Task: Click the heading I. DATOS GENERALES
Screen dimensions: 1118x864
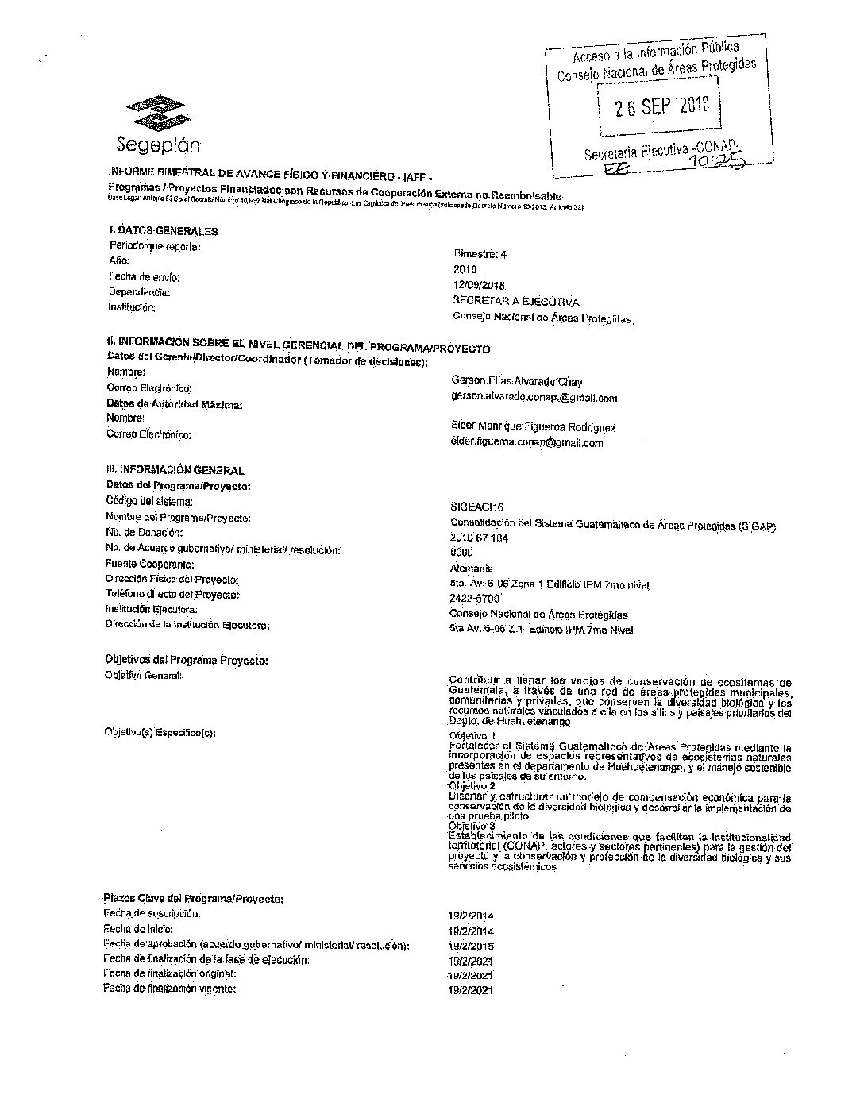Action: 164,231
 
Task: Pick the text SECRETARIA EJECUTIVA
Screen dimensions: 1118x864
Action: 515,302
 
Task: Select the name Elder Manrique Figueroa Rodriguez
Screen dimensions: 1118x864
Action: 532,427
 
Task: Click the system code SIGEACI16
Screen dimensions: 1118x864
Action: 476,507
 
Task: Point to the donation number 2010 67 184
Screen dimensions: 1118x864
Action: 479,538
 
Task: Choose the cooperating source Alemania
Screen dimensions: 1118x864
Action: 471,569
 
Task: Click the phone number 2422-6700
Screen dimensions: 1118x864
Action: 474,599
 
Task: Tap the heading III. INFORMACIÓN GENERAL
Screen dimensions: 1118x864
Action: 175,470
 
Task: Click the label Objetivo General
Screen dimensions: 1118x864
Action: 144,676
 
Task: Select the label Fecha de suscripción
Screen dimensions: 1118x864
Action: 152,914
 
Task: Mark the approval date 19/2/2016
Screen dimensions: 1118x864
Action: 471,946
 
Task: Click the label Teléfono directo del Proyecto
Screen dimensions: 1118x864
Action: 172,594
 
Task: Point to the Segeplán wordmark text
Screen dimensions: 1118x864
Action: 158,145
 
